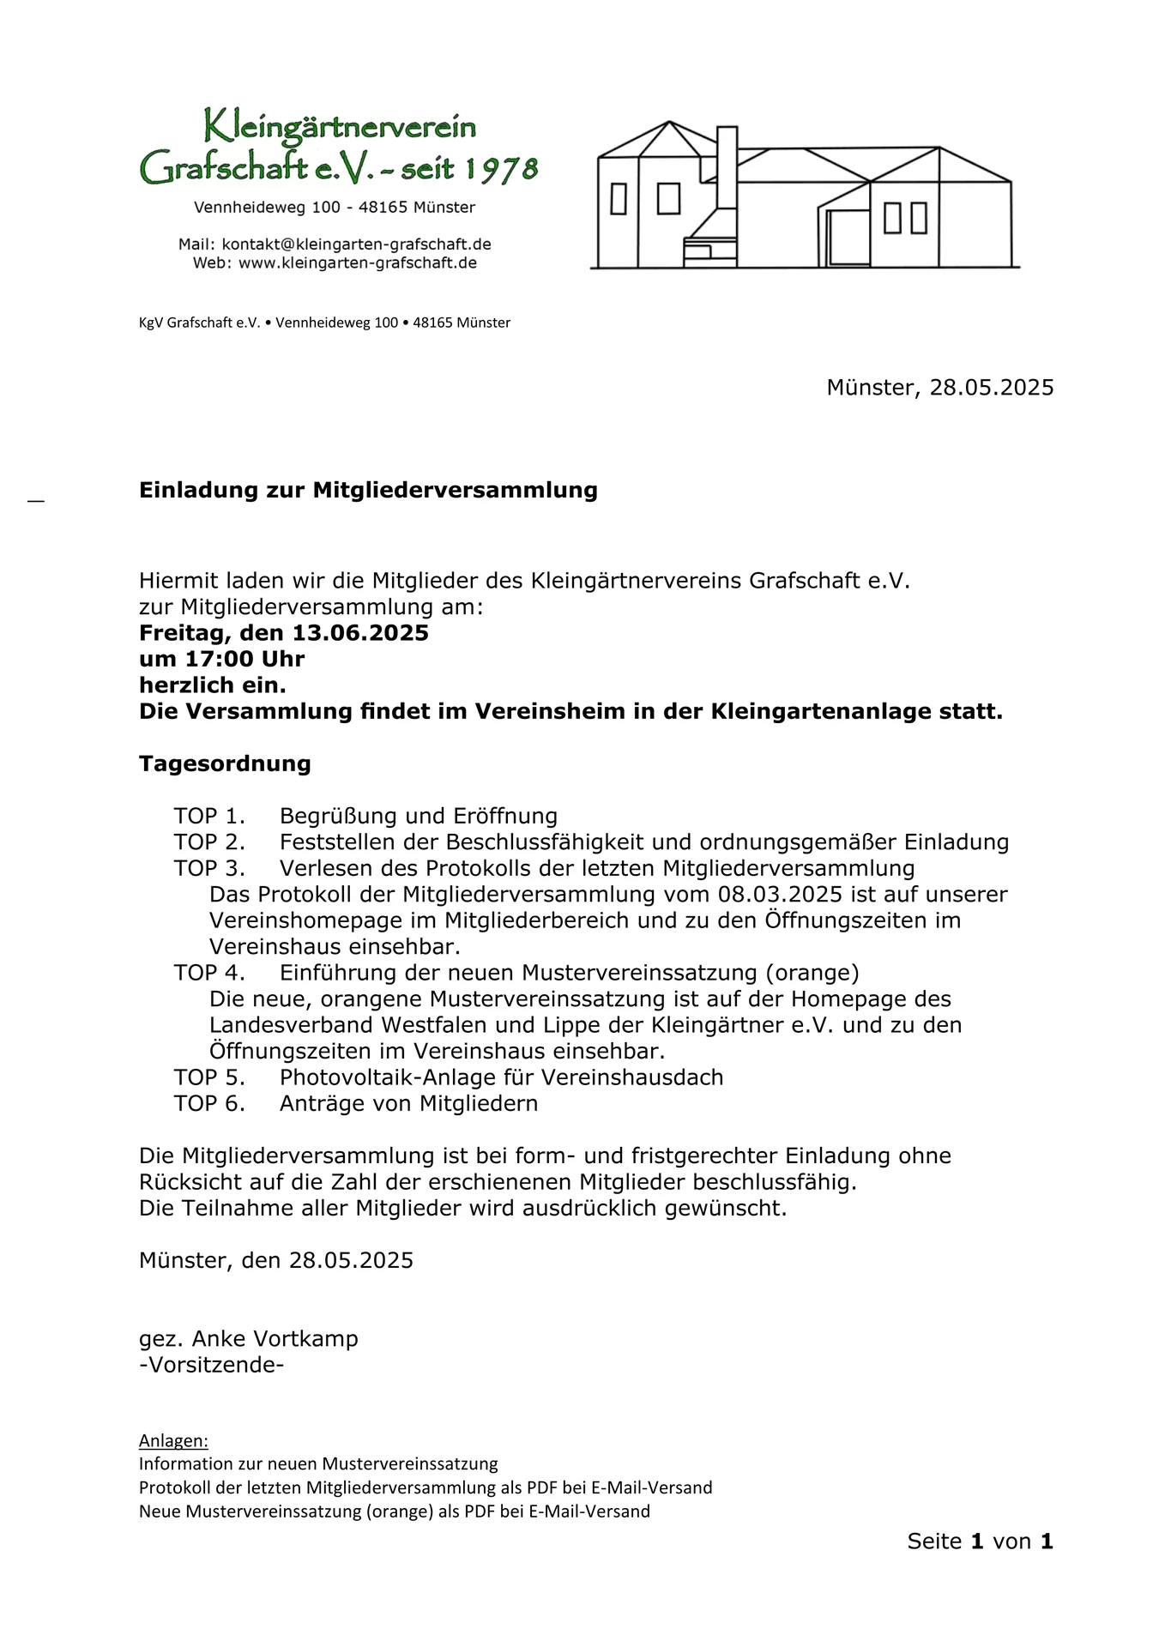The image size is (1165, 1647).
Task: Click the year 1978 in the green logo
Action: pos(501,169)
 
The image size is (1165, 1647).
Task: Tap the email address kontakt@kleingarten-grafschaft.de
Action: pos(356,244)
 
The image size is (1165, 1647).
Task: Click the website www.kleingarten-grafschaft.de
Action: pos(357,263)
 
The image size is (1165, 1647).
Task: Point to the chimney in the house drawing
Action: pos(727,167)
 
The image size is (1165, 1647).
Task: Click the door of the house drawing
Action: pos(848,238)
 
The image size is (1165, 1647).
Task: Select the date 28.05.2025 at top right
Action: pos(992,388)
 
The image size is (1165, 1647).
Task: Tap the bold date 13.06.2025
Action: pos(360,633)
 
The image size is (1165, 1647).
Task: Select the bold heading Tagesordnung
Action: pos(225,763)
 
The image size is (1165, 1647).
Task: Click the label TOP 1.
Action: pos(209,816)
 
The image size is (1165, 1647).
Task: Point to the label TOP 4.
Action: pos(209,973)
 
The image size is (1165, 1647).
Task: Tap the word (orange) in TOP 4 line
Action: pos(812,973)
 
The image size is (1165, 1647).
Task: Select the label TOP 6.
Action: pos(209,1103)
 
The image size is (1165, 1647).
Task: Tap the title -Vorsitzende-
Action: pos(211,1365)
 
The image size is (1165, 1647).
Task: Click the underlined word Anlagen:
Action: pos(173,1440)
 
